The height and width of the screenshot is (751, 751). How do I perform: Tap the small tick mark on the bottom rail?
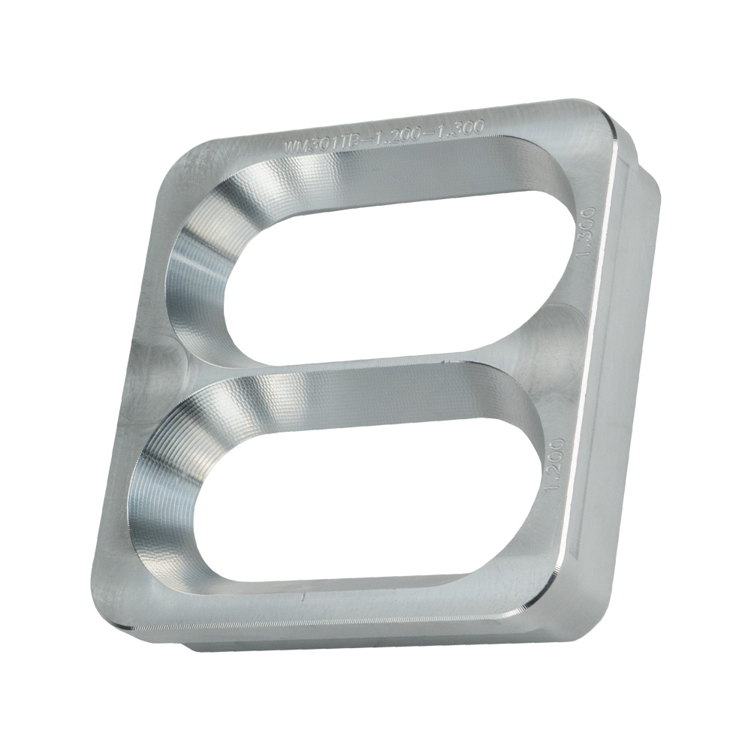(x=302, y=598)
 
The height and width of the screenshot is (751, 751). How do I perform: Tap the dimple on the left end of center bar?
(x=161, y=353)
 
